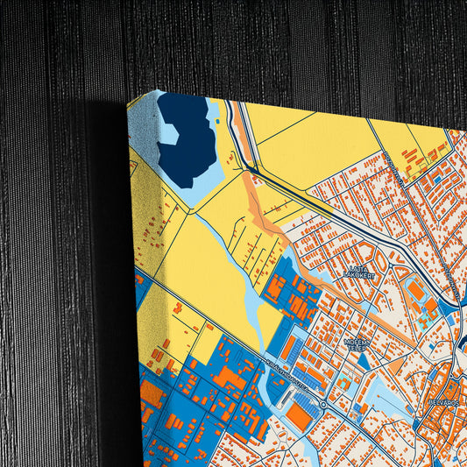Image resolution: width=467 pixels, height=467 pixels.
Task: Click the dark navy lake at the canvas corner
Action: (x=186, y=140)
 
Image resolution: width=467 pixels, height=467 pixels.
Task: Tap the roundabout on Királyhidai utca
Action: (x=323, y=405)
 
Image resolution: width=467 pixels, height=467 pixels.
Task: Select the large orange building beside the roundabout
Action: (x=300, y=419)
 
